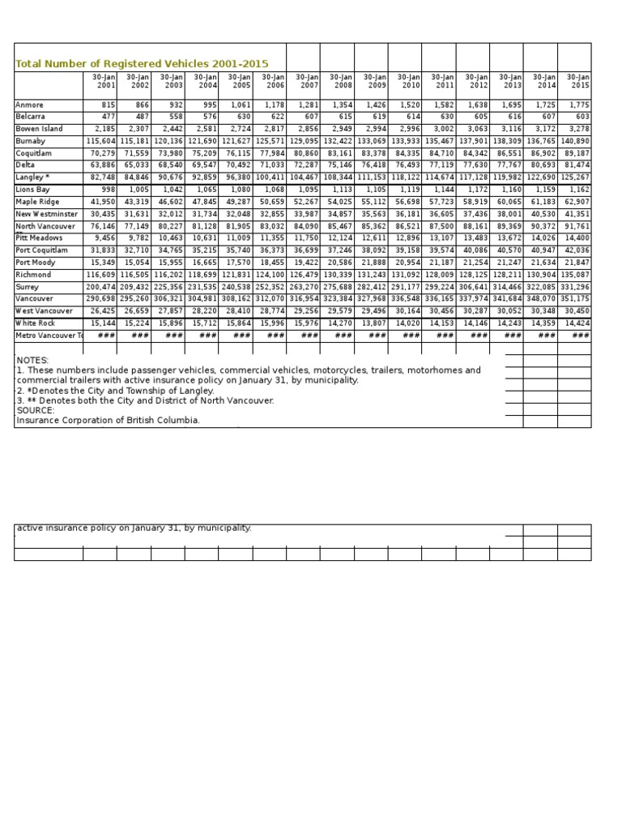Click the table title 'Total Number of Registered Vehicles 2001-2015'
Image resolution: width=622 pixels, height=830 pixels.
142,64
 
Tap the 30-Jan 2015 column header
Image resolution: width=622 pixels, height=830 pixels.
577,81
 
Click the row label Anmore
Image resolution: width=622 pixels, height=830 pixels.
29,105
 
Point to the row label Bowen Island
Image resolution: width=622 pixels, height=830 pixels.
39,130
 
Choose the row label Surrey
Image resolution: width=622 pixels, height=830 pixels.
28,287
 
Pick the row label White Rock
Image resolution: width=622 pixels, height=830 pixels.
35,323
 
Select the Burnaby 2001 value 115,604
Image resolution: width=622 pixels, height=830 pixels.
100,142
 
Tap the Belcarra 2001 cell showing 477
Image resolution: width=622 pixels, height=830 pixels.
106,118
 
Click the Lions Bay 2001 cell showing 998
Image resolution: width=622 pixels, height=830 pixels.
106,190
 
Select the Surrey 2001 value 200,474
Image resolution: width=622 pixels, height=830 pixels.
100,287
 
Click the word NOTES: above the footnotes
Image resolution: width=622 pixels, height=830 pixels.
32,360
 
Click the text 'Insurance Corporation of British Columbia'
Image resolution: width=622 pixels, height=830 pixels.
108,420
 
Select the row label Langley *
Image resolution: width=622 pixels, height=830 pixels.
33,178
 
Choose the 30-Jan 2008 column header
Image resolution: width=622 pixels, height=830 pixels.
341,81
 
